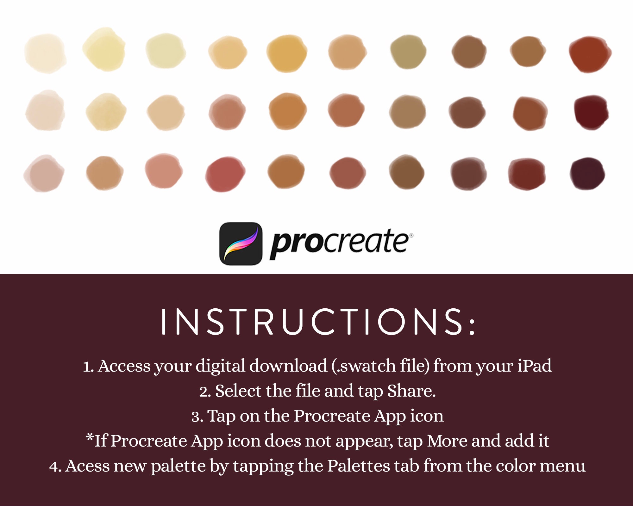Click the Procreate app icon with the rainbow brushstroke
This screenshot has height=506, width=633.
[241, 244]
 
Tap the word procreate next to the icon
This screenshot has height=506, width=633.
[340, 244]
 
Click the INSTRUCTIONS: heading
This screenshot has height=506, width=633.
[318, 322]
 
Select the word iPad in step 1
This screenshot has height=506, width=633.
[535, 366]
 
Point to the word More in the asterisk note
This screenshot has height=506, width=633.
[447, 441]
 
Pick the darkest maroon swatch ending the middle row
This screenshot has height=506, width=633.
[591, 112]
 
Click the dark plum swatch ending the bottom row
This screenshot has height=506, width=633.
[587, 174]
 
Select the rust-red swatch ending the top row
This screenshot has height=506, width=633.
[590, 54]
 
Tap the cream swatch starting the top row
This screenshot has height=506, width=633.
[45, 53]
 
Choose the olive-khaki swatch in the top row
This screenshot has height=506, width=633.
[408, 52]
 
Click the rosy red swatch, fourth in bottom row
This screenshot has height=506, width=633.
[225, 174]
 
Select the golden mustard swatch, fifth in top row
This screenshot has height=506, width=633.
[286, 53]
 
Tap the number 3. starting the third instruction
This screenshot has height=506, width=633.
[197, 416]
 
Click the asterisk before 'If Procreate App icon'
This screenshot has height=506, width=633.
[90, 438]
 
